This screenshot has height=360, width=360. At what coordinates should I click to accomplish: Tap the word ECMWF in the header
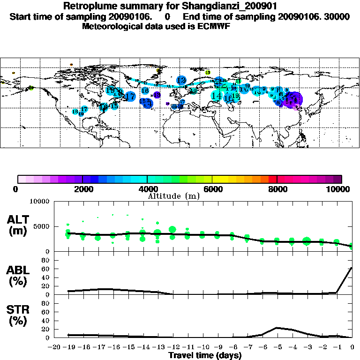[214, 26]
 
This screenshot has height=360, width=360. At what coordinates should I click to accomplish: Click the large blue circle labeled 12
[181, 80]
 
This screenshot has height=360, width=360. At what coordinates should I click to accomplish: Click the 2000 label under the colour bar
[82, 189]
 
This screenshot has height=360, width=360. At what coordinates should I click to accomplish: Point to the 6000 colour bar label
[212, 189]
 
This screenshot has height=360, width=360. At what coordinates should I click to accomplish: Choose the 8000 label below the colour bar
[277, 189]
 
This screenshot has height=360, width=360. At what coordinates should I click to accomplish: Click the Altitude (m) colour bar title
[174, 196]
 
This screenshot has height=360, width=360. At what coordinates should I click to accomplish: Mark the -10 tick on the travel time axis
[202, 347]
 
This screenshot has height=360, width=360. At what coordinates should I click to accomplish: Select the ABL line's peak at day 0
[352, 268]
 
